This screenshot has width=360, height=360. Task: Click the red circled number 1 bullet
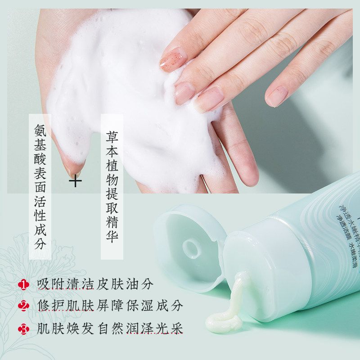(23, 285)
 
